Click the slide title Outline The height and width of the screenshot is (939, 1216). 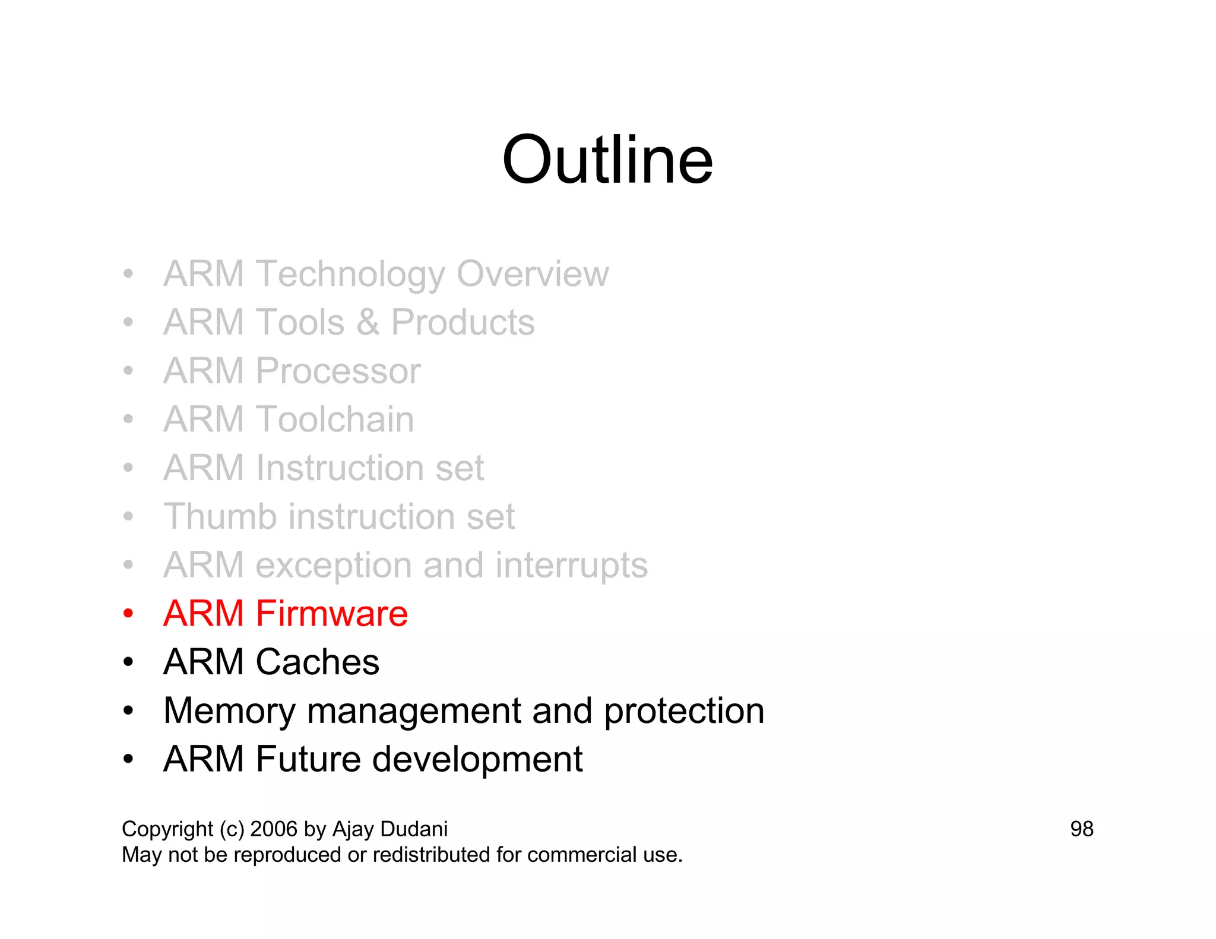(607, 160)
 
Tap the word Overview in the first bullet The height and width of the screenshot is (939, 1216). (532, 274)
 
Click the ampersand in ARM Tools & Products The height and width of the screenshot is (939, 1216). (368, 323)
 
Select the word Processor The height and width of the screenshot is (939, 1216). (338, 372)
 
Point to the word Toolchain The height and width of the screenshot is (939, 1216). (335, 420)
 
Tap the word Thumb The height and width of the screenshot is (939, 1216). (220, 516)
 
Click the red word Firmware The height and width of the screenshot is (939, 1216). (331, 614)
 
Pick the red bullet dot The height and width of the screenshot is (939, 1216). (128, 614)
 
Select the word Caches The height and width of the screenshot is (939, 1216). (317, 662)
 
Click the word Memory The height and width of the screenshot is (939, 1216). (229, 711)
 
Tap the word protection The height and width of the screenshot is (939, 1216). (683, 711)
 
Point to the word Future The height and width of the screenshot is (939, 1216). (308, 759)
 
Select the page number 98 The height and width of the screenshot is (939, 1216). (1081, 829)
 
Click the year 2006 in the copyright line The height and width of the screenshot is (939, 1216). (273, 829)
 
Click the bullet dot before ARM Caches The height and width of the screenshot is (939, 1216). (128, 662)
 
